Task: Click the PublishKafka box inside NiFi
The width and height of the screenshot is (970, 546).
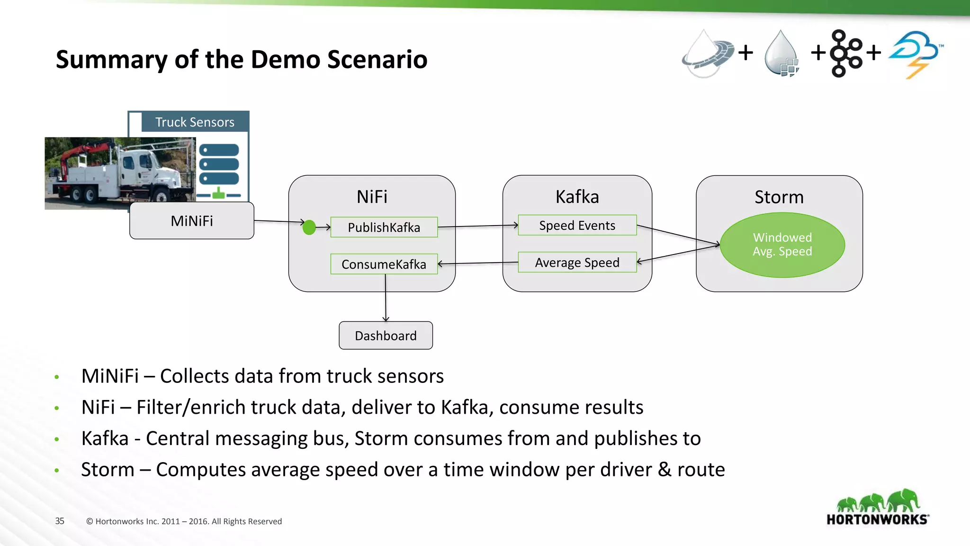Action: (384, 227)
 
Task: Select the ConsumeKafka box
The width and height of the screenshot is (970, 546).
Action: (384, 264)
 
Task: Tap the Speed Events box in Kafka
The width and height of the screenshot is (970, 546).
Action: (577, 226)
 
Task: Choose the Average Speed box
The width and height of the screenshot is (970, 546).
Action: (577, 263)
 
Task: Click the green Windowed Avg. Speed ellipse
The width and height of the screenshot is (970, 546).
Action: (782, 245)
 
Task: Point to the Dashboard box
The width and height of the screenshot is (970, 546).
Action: (386, 336)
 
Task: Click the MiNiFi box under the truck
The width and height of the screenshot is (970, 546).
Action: (191, 221)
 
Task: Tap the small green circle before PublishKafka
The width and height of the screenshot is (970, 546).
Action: (309, 227)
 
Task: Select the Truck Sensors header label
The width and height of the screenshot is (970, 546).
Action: (195, 122)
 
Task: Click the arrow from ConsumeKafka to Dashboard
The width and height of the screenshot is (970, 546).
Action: (386, 299)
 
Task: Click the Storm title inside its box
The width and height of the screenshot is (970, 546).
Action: (779, 197)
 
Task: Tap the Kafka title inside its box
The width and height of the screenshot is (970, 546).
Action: (577, 197)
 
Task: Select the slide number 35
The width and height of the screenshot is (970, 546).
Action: (60, 521)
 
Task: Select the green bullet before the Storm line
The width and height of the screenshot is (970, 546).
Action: (57, 471)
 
